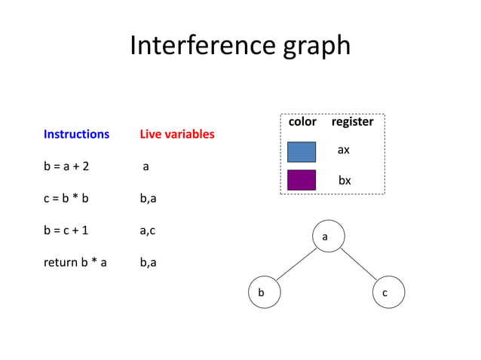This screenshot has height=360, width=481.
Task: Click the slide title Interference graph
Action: pos(240,46)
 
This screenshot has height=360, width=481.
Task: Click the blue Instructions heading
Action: pos(76,134)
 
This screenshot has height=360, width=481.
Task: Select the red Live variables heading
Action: pos(177,134)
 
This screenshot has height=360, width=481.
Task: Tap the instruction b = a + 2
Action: pos(66,166)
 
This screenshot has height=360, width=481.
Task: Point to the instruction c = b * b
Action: pos(66,199)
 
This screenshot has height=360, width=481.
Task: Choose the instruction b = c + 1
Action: pos(66,230)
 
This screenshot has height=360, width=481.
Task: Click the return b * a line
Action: pos(75,263)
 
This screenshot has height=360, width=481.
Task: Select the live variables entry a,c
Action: pos(148,230)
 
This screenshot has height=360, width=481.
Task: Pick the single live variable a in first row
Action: pos(146,166)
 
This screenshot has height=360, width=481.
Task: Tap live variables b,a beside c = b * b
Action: pos(148,199)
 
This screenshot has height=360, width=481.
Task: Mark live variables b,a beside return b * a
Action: pos(148,263)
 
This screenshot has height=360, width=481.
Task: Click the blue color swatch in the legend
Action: pos(302,151)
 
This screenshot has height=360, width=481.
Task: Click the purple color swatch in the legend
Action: pos(302,180)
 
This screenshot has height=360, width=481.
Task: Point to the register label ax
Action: pos(343,150)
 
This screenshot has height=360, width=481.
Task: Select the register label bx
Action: pos(344,181)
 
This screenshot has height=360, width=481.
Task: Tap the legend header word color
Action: pos(302,121)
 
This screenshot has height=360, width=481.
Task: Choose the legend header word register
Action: pos(352,121)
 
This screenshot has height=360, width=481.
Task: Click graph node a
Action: pos(325,237)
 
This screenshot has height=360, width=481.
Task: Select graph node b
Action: pos(264,292)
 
